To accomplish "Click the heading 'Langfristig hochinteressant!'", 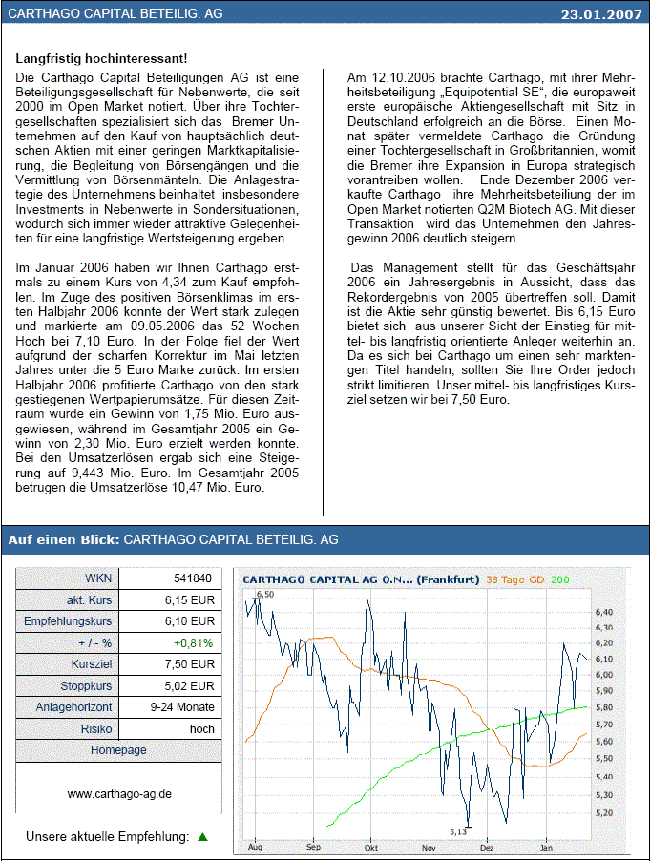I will pos(101,60).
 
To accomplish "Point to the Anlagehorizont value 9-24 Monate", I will pos(181,707).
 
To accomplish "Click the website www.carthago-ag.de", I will pos(119,793).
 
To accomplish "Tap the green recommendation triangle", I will pos(201,837).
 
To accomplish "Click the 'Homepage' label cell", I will pos(119,750).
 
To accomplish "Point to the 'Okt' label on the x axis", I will pos(371,847).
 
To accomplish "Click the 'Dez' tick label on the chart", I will pos(487,847).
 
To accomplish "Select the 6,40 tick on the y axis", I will pos(604,612).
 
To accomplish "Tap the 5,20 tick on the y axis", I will pos(604,813).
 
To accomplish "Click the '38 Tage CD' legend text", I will pos(516,579).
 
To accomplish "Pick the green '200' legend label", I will pos(559,579).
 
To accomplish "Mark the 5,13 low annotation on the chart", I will pos(460,831).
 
